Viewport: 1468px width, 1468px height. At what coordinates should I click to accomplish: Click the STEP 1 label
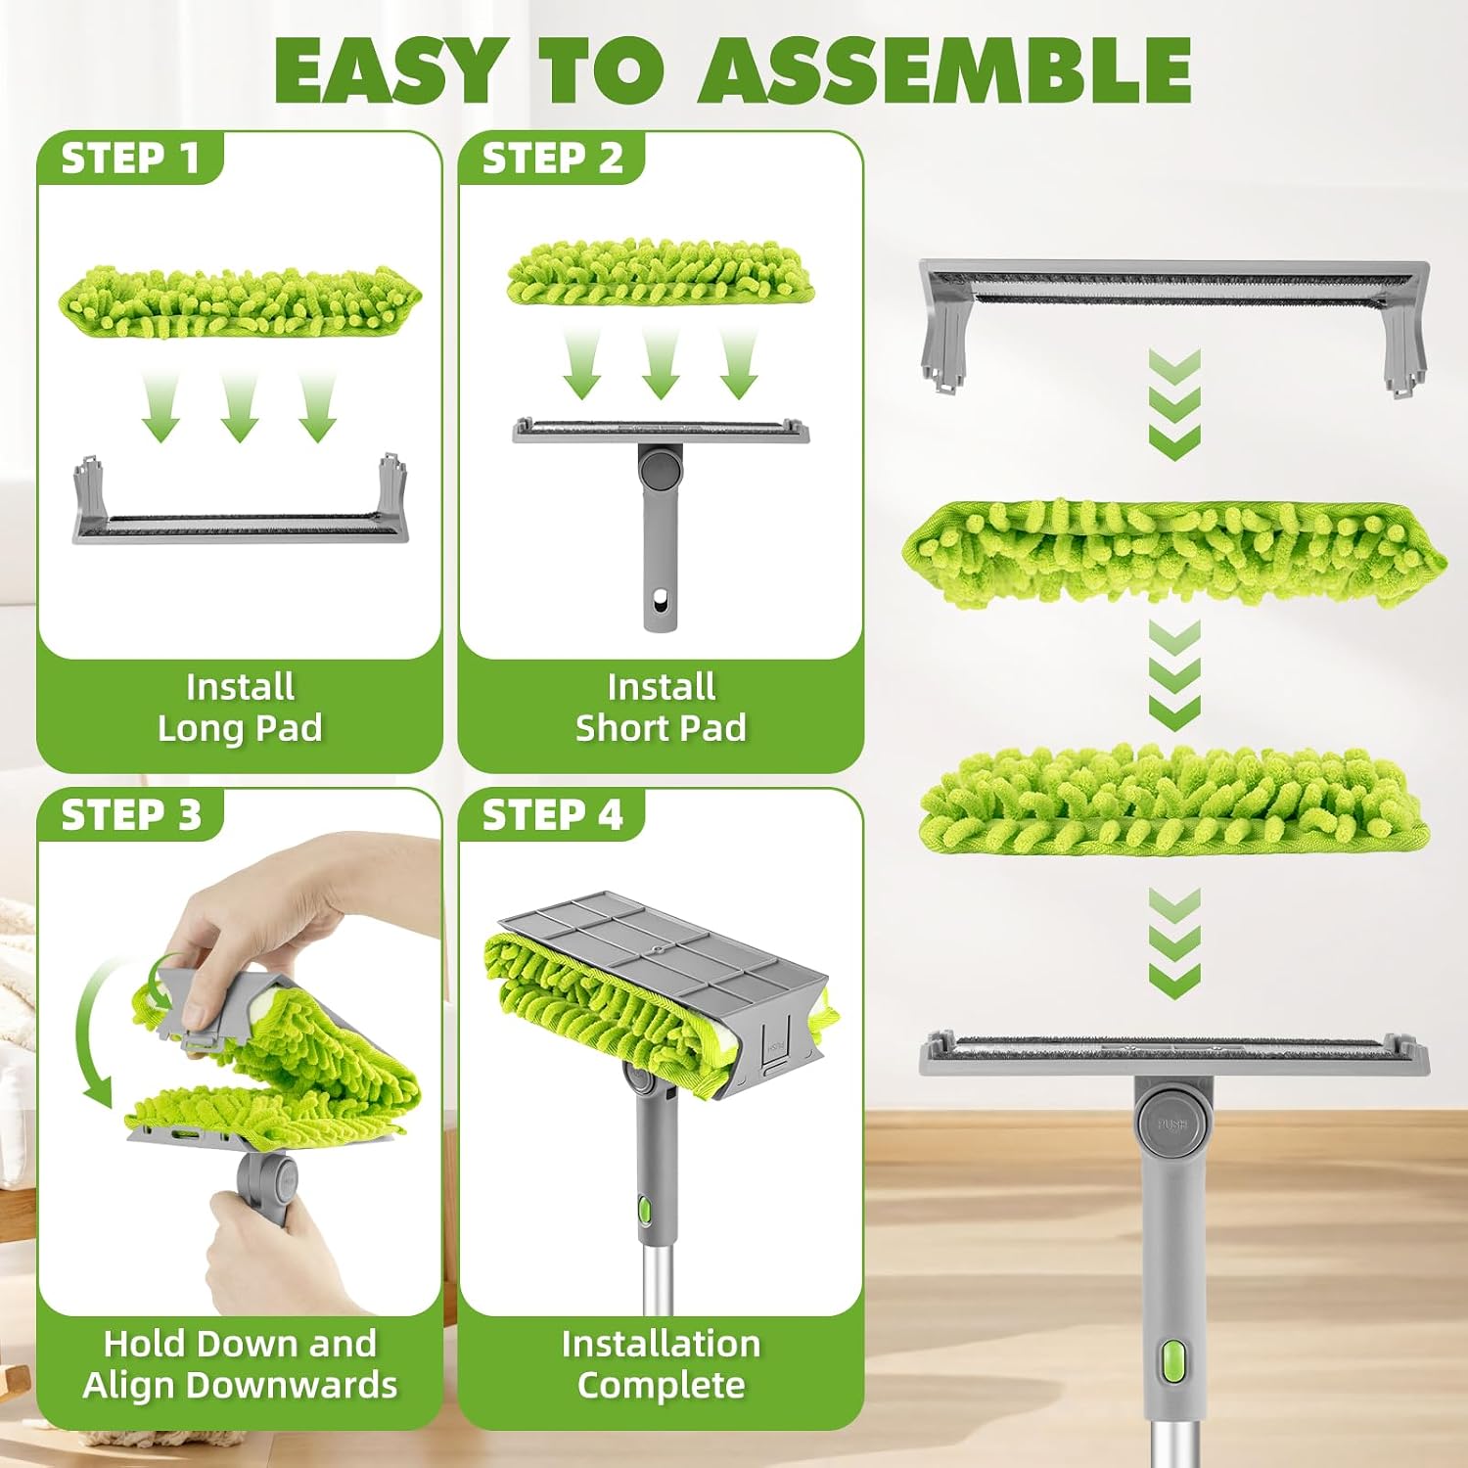tap(130, 159)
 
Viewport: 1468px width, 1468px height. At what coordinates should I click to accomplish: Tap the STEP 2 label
tap(552, 159)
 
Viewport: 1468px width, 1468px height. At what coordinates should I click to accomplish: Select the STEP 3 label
tap(131, 815)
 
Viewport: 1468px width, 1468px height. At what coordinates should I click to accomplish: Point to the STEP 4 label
tap(552, 815)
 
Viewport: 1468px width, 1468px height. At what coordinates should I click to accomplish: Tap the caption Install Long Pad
tap(240, 708)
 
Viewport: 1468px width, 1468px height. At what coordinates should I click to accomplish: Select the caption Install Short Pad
tap(661, 708)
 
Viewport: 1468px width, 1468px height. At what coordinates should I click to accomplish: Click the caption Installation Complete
tap(661, 1364)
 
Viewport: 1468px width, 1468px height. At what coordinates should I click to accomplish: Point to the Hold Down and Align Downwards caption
tap(240, 1364)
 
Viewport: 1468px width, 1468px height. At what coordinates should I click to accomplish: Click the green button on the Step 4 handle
tap(644, 1210)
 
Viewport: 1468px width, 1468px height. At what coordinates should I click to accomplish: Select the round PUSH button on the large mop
tap(1171, 1124)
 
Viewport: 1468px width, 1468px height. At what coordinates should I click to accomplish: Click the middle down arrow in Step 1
tap(239, 406)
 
